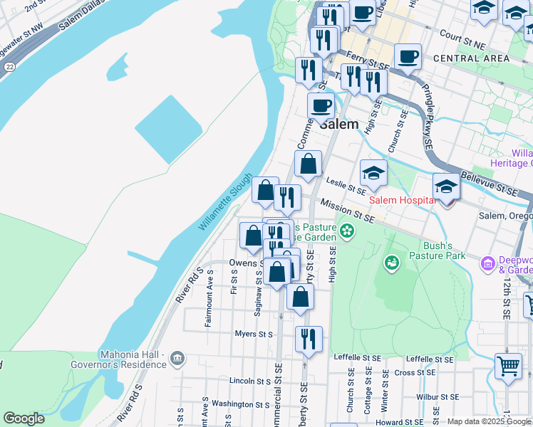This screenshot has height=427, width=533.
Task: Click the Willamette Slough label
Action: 225,202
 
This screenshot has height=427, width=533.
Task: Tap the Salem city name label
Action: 338,123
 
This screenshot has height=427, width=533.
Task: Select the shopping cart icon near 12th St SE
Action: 508,367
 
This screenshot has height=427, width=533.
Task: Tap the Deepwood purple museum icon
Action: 488,264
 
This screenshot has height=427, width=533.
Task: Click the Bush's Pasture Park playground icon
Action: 391,264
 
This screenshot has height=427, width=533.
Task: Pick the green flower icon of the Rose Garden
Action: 346,231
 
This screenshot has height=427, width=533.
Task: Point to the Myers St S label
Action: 254,334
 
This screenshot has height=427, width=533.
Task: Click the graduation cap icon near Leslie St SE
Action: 373,172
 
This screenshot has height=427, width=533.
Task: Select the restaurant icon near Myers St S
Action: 308,339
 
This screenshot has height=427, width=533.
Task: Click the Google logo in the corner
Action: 24,418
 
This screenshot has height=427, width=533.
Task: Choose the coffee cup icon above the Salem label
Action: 321,105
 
